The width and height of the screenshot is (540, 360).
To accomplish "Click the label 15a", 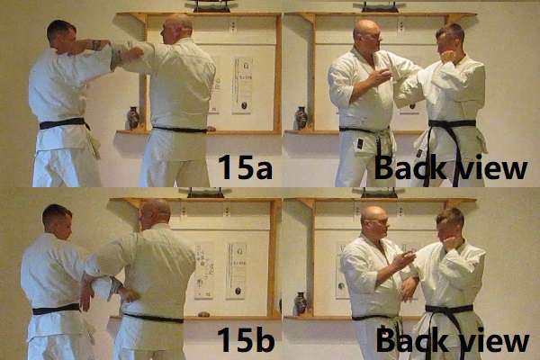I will pyautogui.click(x=244, y=166).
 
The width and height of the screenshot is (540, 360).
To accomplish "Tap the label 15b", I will pyautogui.click(x=244, y=340).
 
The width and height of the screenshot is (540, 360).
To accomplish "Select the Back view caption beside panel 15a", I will pyautogui.click(x=451, y=167).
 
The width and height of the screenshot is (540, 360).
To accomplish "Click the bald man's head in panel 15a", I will pyautogui.click(x=177, y=29).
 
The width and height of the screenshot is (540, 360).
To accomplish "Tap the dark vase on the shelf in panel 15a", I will pyautogui.click(x=132, y=118).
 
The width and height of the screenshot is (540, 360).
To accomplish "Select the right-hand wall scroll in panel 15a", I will pyautogui.click(x=242, y=85).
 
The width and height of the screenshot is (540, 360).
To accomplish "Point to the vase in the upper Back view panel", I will pyautogui.click(x=301, y=118).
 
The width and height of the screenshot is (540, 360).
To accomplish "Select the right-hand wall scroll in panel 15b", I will pyautogui.click(x=236, y=269).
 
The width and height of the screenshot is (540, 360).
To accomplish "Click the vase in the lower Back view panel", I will pyautogui.click(x=300, y=303).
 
